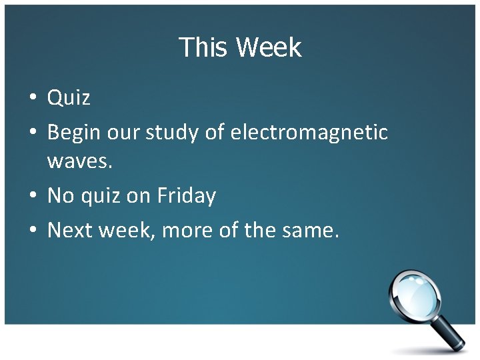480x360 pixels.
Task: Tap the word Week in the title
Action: coord(268,48)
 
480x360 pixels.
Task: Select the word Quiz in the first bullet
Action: coord(69,99)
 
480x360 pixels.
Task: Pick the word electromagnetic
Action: coord(309,133)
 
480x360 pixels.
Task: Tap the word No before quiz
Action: coord(61,196)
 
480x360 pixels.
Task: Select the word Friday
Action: coord(187,196)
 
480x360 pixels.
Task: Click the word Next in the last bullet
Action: coord(70,231)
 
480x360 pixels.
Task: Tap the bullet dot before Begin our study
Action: coord(31,133)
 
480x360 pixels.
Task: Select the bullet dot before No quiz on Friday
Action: coord(31,197)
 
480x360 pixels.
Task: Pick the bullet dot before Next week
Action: coord(31,231)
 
